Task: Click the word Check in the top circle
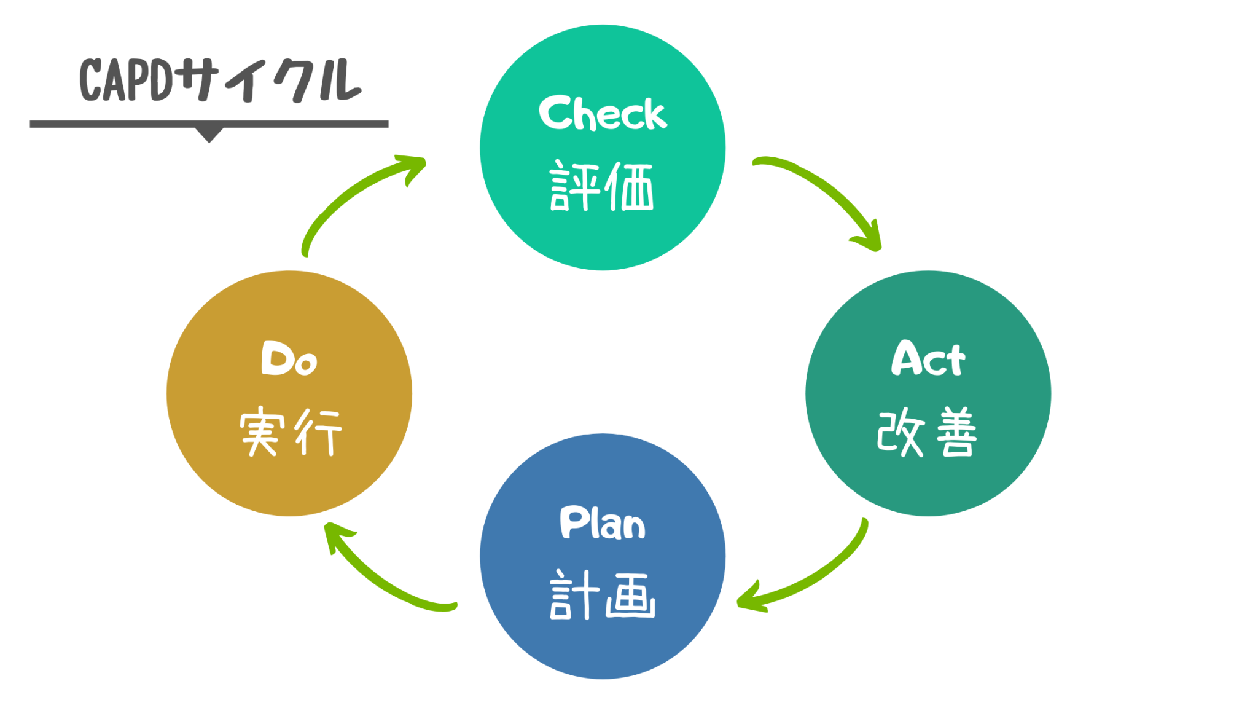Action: [602, 114]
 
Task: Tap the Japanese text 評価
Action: [602, 186]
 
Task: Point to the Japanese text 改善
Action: [928, 432]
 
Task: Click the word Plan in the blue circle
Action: [602, 523]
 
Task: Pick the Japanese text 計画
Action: [602, 595]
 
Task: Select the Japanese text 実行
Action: [290, 432]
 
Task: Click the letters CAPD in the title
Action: [126, 80]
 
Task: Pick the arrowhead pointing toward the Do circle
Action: [335, 533]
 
